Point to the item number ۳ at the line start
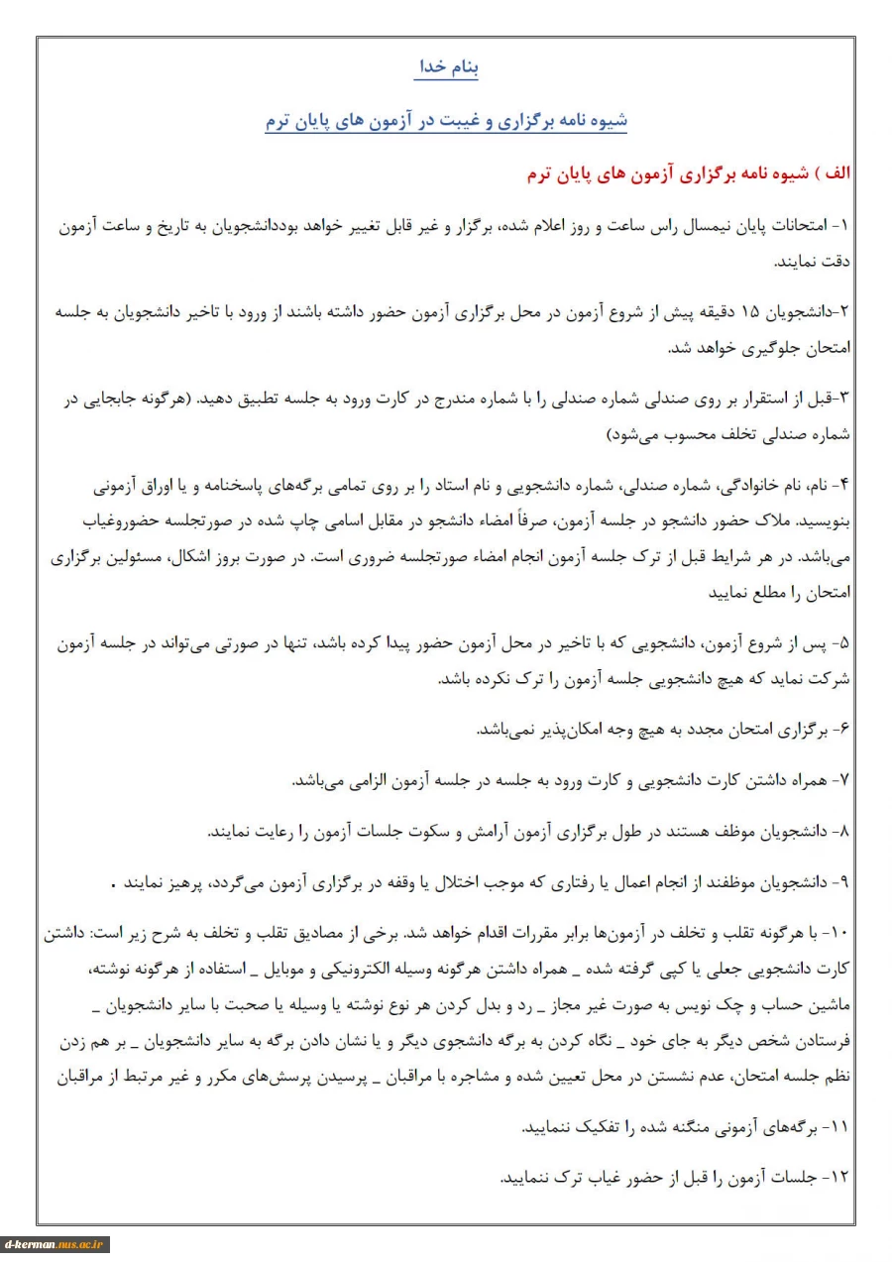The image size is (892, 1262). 844,398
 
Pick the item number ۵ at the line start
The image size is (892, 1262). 844,643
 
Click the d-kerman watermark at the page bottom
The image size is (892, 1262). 56,1244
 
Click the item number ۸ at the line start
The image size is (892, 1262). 844,831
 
